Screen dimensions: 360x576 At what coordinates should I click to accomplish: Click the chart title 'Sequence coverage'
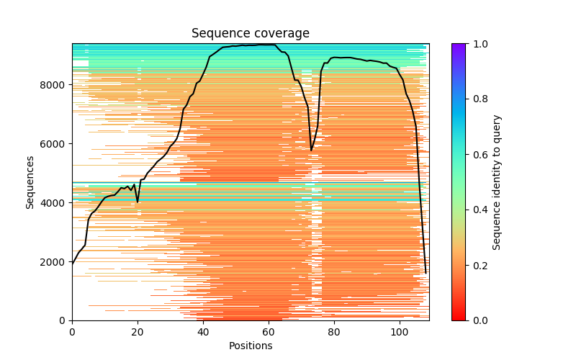(250, 34)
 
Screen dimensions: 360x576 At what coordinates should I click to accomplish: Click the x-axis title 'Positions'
(250, 346)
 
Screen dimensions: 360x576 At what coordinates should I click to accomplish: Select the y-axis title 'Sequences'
(30, 182)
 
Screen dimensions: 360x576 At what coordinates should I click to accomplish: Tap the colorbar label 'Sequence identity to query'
(497, 182)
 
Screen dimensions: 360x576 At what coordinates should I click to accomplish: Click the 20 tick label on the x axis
(138, 332)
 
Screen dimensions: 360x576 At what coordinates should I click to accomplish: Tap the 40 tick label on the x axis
(203, 332)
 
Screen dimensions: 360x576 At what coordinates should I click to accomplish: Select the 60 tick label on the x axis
(269, 332)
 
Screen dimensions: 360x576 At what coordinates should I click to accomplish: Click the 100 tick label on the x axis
(400, 332)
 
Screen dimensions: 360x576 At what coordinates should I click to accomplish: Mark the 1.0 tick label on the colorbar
(477, 44)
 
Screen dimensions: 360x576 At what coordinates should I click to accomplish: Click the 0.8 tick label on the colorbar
(477, 99)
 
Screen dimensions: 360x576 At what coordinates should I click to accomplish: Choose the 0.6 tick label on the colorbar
(477, 155)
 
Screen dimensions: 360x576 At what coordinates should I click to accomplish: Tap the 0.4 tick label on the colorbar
(477, 210)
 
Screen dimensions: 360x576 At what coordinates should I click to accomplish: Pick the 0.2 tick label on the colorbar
(477, 266)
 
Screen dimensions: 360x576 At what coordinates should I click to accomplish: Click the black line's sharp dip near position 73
(311, 150)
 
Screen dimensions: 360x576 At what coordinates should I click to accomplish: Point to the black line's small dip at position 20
(138, 202)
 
